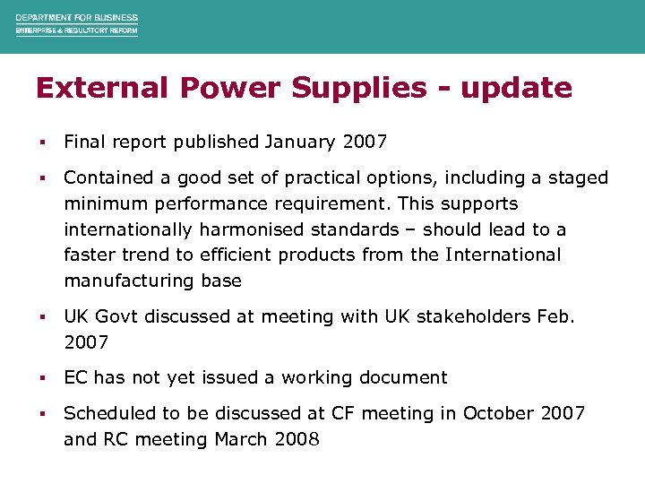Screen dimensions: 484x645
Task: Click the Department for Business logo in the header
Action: [x=76, y=24]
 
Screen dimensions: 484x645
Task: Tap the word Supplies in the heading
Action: [x=332, y=88]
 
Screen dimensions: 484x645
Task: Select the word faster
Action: [x=90, y=255]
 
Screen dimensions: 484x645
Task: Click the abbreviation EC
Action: [x=75, y=377]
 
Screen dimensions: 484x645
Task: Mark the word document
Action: [x=403, y=377]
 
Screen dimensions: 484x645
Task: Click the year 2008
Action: [x=296, y=439]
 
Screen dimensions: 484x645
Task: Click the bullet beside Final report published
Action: [x=42, y=142]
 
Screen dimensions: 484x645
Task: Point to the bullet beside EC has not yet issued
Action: [x=42, y=378]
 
